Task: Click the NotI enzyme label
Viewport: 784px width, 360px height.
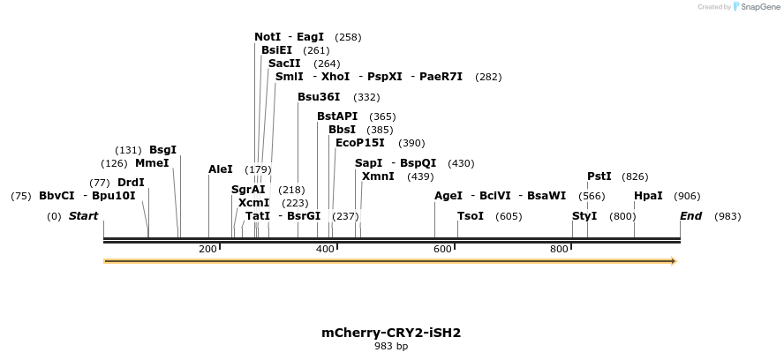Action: (x=268, y=37)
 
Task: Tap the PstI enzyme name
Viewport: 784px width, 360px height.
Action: (x=599, y=176)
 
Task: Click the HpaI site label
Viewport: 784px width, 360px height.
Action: (x=648, y=196)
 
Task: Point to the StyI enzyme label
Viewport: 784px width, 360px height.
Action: (x=584, y=216)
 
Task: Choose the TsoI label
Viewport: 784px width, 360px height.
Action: (x=471, y=216)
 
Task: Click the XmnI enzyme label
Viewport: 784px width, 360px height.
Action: (x=378, y=176)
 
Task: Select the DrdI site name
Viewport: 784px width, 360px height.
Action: (x=131, y=183)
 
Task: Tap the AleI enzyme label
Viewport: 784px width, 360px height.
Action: (x=221, y=169)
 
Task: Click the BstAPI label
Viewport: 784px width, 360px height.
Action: (x=337, y=116)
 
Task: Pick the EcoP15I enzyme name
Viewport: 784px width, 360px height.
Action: (x=360, y=143)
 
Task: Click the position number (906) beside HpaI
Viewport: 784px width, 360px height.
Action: (x=687, y=196)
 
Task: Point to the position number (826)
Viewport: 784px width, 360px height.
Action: (x=635, y=176)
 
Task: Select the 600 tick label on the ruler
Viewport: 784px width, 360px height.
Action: (x=442, y=250)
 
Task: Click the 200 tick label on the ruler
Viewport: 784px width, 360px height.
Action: (x=207, y=250)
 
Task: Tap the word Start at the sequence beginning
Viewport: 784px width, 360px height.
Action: (x=84, y=216)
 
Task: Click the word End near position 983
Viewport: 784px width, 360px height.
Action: (x=690, y=216)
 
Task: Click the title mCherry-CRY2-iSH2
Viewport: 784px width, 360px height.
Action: (x=391, y=333)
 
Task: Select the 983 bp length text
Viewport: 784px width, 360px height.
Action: (x=391, y=346)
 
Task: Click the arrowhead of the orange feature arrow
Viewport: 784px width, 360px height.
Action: (x=674, y=261)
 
